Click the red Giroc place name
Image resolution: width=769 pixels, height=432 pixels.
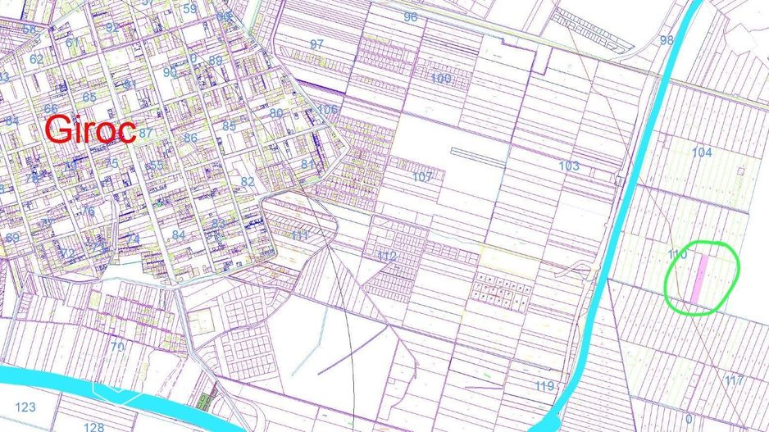pyautogui.click(x=89, y=130)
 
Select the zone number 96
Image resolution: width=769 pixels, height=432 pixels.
pyautogui.click(x=410, y=17)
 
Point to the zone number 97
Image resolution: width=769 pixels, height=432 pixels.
pyautogui.click(x=316, y=43)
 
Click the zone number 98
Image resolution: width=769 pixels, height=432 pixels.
pyautogui.click(x=666, y=40)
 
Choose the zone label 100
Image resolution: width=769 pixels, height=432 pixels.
pyautogui.click(x=440, y=79)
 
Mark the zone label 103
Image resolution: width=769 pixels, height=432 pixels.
pyautogui.click(x=569, y=166)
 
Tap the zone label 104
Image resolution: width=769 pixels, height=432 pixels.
pyautogui.click(x=702, y=152)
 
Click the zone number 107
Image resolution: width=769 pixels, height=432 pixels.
pyautogui.click(x=422, y=177)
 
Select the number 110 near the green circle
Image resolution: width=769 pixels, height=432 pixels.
pyautogui.click(x=676, y=255)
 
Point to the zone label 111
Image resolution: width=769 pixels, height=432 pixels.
pyautogui.click(x=301, y=236)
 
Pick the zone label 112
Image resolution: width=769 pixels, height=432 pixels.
pyautogui.click(x=387, y=257)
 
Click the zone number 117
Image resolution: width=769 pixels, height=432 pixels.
pyautogui.click(x=734, y=380)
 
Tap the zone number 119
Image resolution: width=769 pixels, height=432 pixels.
pyautogui.click(x=544, y=387)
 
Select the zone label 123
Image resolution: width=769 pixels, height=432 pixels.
pyautogui.click(x=25, y=407)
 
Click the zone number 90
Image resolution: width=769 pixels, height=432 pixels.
pyautogui.click(x=170, y=72)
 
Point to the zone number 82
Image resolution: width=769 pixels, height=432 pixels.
pyautogui.click(x=247, y=181)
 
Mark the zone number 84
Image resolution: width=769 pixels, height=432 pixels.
pyautogui.click(x=179, y=235)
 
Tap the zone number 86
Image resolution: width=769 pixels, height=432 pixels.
pyautogui.click(x=190, y=138)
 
